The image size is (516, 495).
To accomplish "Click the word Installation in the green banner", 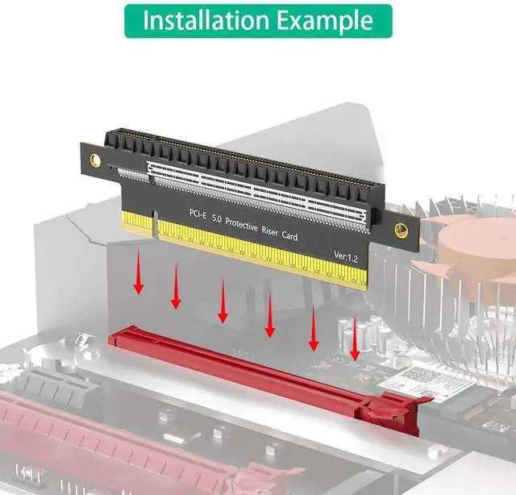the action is click(x=206, y=20).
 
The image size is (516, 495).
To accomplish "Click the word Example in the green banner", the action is click(x=325, y=22).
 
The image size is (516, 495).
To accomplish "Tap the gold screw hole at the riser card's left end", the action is click(x=95, y=160).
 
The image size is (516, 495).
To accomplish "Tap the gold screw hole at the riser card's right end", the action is click(x=400, y=230).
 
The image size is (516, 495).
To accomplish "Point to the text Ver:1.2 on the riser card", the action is click(x=346, y=256).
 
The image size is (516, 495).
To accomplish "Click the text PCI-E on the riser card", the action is click(x=198, y=214).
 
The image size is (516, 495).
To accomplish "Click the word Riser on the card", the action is click(x=269, y=231).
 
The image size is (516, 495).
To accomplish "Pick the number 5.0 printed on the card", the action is click(x=216, y=218).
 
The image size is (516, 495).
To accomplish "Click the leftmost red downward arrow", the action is click(x=139, y=272).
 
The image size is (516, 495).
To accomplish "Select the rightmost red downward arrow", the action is click(x=355, y=338).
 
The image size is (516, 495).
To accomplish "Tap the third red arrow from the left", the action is click(x=223, y=301).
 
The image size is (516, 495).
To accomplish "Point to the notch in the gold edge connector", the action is click(x=155, y=224).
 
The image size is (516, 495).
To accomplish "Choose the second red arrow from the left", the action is click(x=176, y=286).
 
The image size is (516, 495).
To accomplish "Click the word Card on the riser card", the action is click(x=289, y=235).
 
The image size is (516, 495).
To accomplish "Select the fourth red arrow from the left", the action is click(x=269, y=314).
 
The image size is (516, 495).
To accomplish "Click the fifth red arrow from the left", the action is click(x=314, y=327).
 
